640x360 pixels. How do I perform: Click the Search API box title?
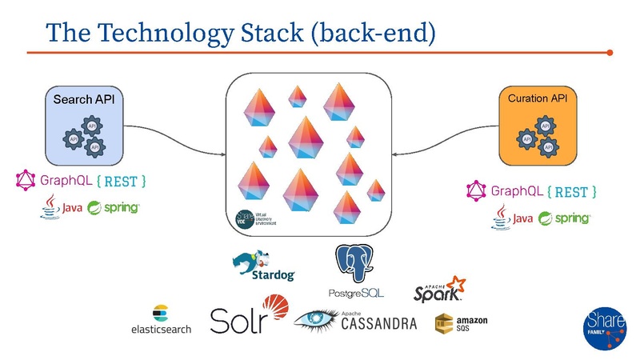tap(84, 100)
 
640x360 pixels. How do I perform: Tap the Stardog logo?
tap(263, 266)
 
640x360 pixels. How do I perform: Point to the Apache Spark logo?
tap(439, 289)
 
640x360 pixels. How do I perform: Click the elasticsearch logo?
tap(161, 320)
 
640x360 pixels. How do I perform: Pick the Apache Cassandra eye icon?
tap(316, 321)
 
